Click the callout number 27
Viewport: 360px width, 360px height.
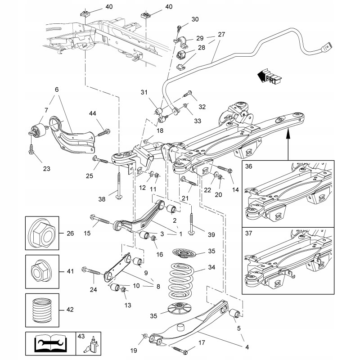(x=221, y=35)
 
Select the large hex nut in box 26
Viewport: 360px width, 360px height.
(x=42, y=233)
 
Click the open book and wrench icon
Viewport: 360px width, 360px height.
(x=50, y=343)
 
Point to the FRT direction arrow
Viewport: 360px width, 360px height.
(x=269, y=76)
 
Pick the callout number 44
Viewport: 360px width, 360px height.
(x=93, y=113)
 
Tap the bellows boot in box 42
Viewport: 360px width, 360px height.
(x=42, y=310)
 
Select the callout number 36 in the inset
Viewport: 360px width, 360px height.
(x=248, y=166)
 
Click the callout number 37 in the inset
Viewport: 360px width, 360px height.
(x=248, y=233)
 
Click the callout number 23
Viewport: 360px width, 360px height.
(x=47, y=169)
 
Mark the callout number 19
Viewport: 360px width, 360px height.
(x=134, y=351)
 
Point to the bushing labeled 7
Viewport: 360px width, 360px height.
(x=38, y=130)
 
